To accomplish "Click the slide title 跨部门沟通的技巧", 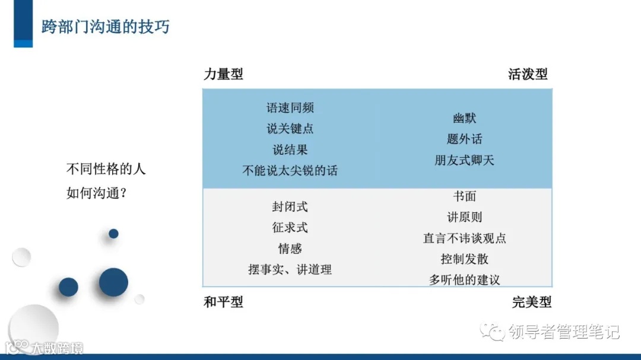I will tap(105, 27).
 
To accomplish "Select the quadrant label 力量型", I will tap(223, 74).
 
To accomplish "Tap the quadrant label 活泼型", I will tap(528, 74).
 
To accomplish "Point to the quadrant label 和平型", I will tap(223, 302).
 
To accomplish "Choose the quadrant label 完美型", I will tap(532, 302).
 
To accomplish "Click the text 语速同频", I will tap(290, 108).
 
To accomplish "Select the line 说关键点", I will tap(290, 129).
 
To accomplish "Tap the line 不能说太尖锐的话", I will tap(290, 171).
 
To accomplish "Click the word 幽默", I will tap(464, 119).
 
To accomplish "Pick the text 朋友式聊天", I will tap(464, 160).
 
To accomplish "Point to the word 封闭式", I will tap(290, 207).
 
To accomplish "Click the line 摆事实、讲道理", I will tap(290, 269).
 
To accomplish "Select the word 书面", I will tap(464, 196).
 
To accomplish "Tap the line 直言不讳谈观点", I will tap(464, 238).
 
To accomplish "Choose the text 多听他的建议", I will tap(464, 280).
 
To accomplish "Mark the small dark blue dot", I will tap(113, 234).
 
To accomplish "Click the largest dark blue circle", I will tap(113, 282).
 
